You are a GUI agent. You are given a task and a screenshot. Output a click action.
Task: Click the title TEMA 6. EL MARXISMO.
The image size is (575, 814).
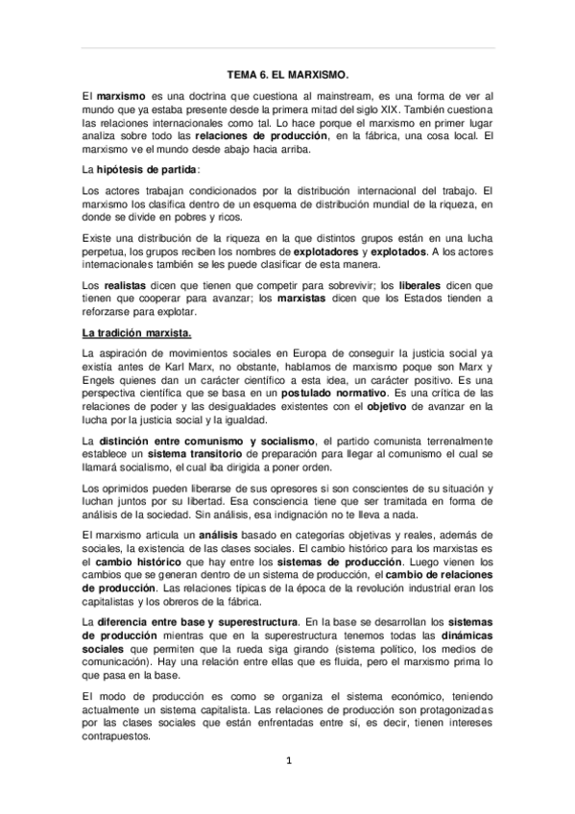click(x=287, y=73)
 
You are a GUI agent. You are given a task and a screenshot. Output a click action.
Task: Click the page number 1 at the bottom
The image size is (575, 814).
click(x=287, y=762)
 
